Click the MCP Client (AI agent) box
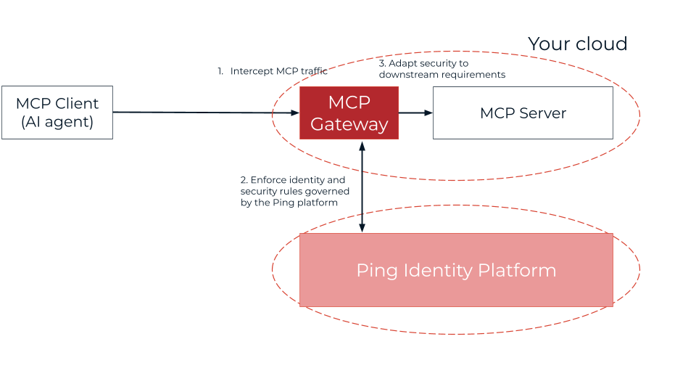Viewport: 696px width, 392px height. [x=57, y=113]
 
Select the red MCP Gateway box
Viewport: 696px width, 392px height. [x=349, y=113]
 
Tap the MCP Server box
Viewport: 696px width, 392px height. [x=523, y=113]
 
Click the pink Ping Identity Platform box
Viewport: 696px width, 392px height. [x=456, y=270]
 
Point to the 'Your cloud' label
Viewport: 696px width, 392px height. [x=577, y=44]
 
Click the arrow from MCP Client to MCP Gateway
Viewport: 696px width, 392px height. [x=206, y=113]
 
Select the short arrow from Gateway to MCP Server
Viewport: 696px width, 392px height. [x=415, y=113]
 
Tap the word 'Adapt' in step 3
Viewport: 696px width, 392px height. [x=402, y=64]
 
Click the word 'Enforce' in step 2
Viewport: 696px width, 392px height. [x=270, y=179]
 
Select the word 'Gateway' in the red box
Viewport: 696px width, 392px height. [x=349, y=124]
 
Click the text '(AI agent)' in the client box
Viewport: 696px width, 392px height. [x=57, y=122]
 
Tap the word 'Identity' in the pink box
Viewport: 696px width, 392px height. [x=438, y=270]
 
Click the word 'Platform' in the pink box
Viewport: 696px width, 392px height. [x=517, y=270]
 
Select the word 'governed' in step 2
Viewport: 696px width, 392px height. [x=330, y=191]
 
